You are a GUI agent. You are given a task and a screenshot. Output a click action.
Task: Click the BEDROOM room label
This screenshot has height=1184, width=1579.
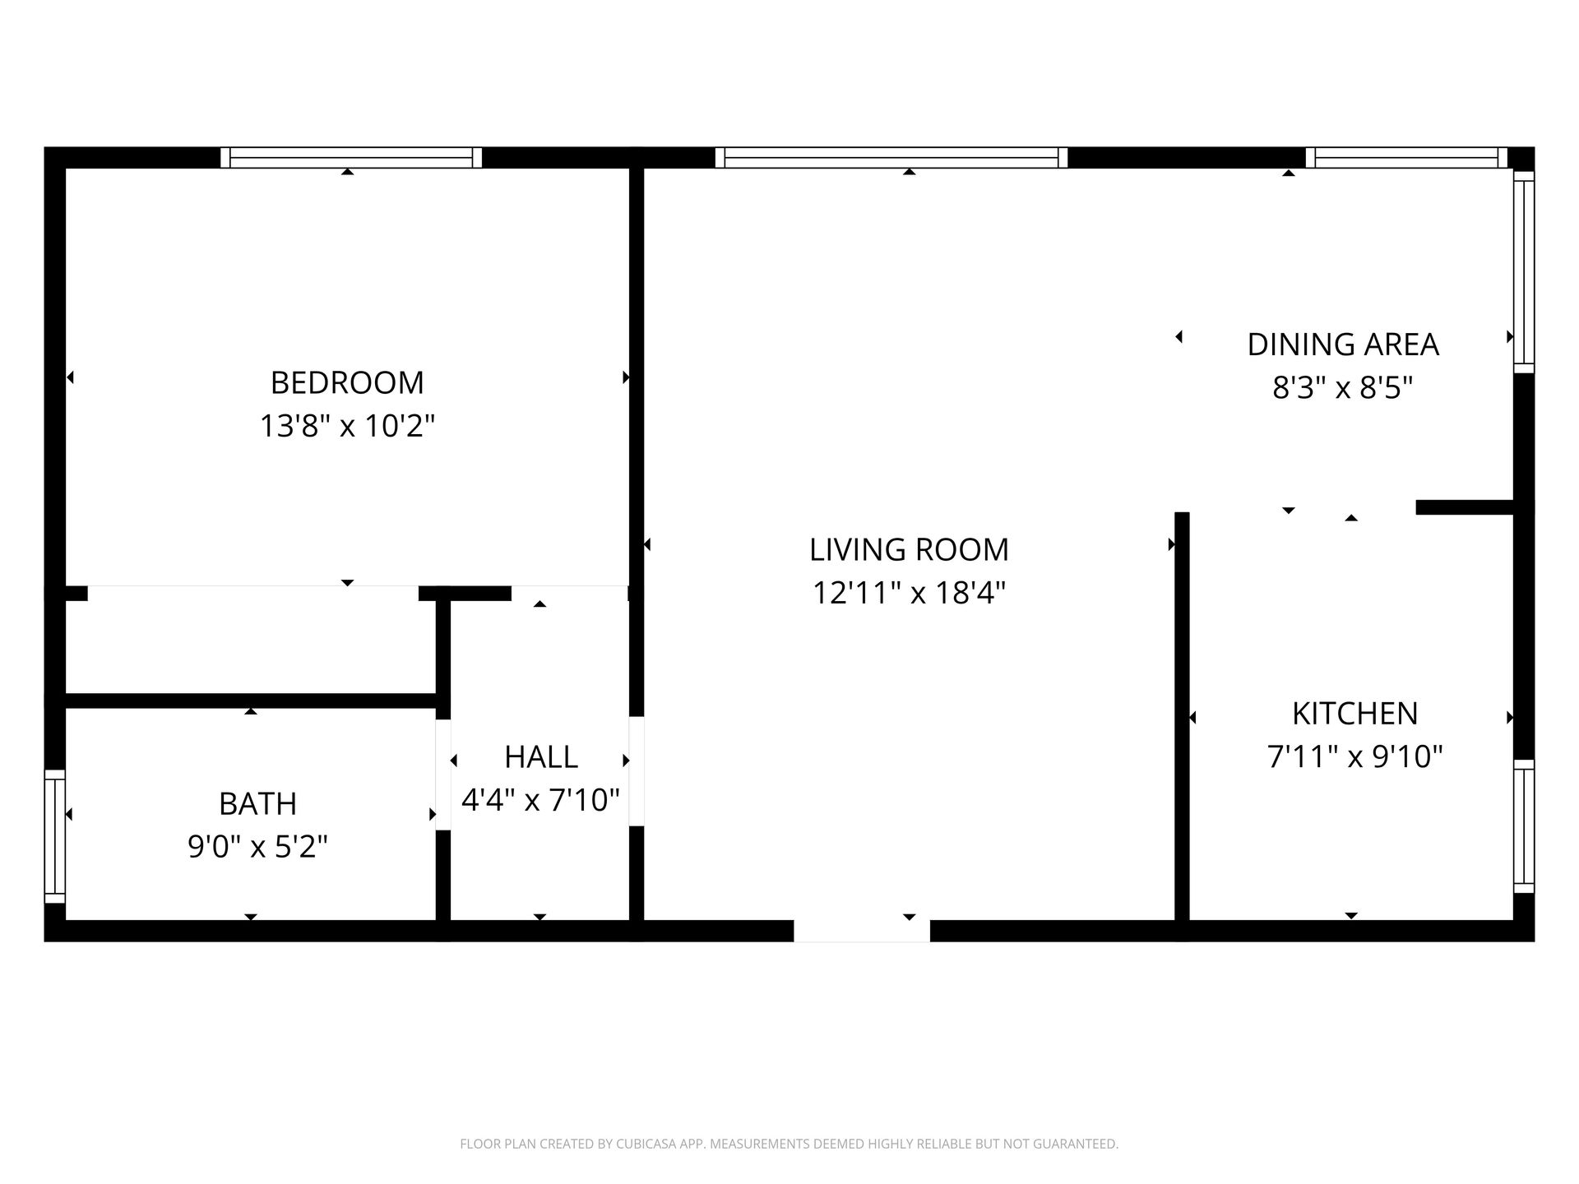[347, 383]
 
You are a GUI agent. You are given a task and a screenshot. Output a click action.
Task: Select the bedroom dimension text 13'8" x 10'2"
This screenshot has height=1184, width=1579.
[347, 426]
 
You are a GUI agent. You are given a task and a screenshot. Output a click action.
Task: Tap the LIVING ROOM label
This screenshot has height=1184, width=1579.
[909, 549]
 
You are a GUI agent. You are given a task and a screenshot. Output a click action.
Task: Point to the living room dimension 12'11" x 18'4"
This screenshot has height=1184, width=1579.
[909, 593]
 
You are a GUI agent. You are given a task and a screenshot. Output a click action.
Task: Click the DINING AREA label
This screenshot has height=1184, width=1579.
[1343, 345]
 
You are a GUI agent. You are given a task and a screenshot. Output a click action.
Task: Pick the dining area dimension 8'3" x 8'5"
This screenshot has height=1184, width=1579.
[1343, 387]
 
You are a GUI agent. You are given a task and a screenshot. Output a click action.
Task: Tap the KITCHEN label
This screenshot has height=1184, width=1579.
[1354, 714]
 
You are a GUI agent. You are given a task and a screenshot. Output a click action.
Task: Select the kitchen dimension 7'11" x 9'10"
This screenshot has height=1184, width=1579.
[1354, 756]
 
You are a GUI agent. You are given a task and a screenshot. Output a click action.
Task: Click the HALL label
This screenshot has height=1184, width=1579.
[540, 756]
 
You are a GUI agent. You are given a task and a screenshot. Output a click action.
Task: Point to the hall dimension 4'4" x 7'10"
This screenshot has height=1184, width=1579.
[540, 799]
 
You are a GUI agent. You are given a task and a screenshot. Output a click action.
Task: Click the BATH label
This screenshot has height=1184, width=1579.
[257, 803]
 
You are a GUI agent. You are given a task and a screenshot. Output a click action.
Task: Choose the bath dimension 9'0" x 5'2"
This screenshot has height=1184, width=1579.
[257, 846]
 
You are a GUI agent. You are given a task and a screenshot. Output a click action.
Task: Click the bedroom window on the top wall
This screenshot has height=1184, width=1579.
[351, 157]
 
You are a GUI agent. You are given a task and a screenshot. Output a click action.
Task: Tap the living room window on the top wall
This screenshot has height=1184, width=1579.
[891, 157]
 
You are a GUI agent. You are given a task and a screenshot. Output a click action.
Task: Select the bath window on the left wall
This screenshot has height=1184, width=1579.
[54, 835]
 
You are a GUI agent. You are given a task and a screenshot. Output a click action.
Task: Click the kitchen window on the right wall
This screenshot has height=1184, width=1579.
[1524, 826]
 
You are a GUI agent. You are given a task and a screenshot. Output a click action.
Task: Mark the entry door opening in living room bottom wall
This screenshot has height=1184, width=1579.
[861, 930]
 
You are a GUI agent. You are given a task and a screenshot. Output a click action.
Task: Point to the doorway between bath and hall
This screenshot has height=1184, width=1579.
[443, 775]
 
